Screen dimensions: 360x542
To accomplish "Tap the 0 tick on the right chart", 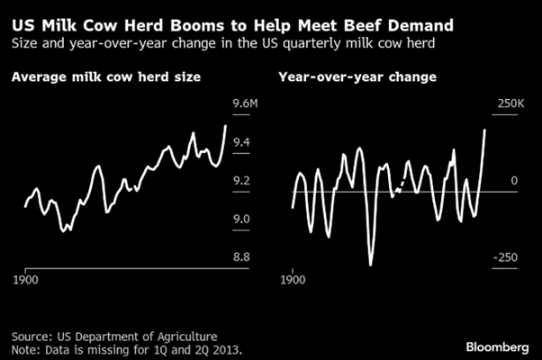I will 516,181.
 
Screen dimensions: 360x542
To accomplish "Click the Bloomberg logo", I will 496,346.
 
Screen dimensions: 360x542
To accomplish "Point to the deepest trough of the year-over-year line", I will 370,265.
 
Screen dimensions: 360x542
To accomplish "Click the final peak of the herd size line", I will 225,125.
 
